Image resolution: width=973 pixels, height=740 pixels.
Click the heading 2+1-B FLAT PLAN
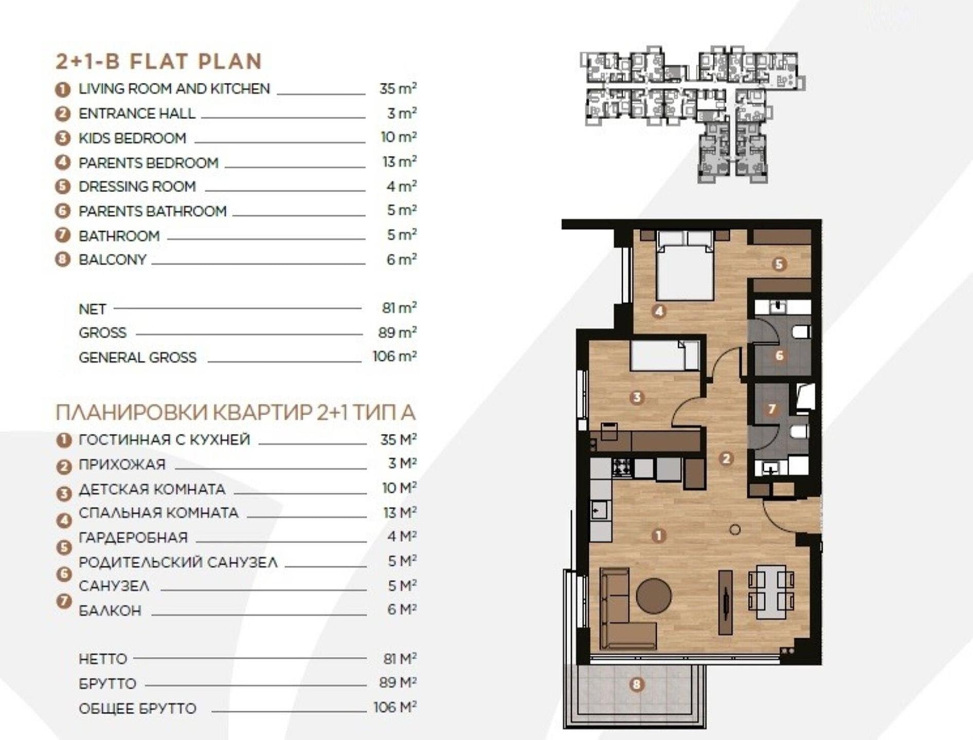point(159,62)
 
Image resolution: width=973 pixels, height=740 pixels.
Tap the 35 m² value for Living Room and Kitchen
point(398,88)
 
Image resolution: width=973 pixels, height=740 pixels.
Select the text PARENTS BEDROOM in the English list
point(149,163)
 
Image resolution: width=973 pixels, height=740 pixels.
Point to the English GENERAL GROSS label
point(137,357)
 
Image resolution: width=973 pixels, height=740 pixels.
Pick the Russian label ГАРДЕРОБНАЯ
point(133,538)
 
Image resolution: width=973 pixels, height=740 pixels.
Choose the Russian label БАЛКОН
point(110,610)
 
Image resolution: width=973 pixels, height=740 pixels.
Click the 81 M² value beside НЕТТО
point(399,658)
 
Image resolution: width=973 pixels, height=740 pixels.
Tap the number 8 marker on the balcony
point(637,684)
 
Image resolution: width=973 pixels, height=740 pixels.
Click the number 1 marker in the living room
point(658,536)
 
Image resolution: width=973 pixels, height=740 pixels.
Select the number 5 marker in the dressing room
point(779,264)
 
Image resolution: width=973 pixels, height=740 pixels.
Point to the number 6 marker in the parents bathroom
point(779,355)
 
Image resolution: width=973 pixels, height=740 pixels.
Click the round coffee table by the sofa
point(654,596)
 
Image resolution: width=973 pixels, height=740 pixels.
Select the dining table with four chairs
point(771,592)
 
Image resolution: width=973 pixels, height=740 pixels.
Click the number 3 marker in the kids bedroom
point(637,397)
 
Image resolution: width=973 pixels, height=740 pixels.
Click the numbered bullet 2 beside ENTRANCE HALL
point(62,114)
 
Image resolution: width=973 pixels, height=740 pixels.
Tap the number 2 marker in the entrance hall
point(726,458)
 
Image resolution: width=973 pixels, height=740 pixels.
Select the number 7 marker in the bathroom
point(771,409)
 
